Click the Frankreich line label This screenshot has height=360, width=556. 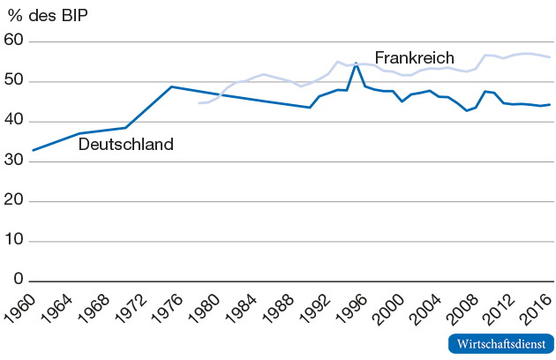[x=414, y=58]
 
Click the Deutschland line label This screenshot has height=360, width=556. [x=126, y=145]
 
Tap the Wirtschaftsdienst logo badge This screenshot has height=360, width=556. [x=500, y=343]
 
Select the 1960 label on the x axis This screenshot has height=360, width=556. [x=20, y=309]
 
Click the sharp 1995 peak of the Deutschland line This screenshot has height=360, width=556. [x=356, y=64]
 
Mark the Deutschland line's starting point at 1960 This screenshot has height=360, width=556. [x=34, y=150]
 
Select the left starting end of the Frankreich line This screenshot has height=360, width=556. [x=199, y=103]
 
